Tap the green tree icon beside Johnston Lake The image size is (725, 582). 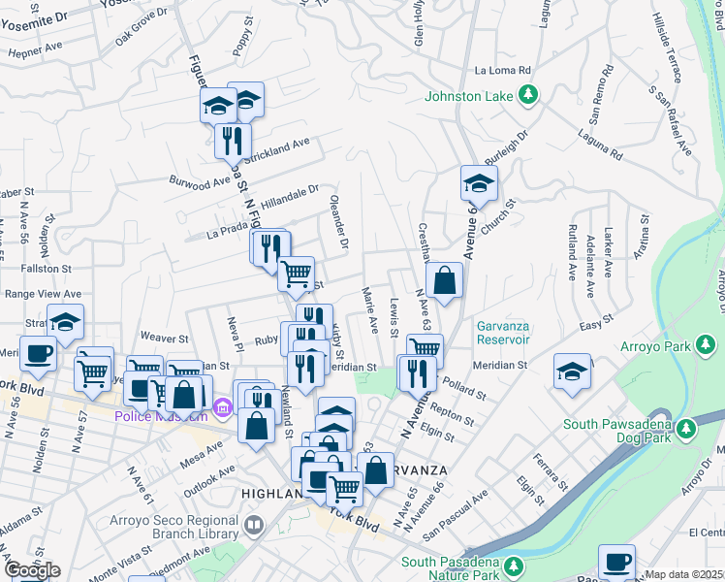(528, 95)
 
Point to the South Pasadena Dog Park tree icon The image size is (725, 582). (687, 428)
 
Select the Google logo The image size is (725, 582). (32, 570)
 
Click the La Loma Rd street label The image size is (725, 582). (504, 71)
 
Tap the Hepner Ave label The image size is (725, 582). (35, 46)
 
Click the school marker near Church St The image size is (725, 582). (478, 182)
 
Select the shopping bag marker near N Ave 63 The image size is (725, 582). (443, 281)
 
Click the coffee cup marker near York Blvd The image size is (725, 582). (38, 354)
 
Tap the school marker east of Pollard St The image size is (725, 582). (572, 372)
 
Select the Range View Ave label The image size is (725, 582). (43, 293)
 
